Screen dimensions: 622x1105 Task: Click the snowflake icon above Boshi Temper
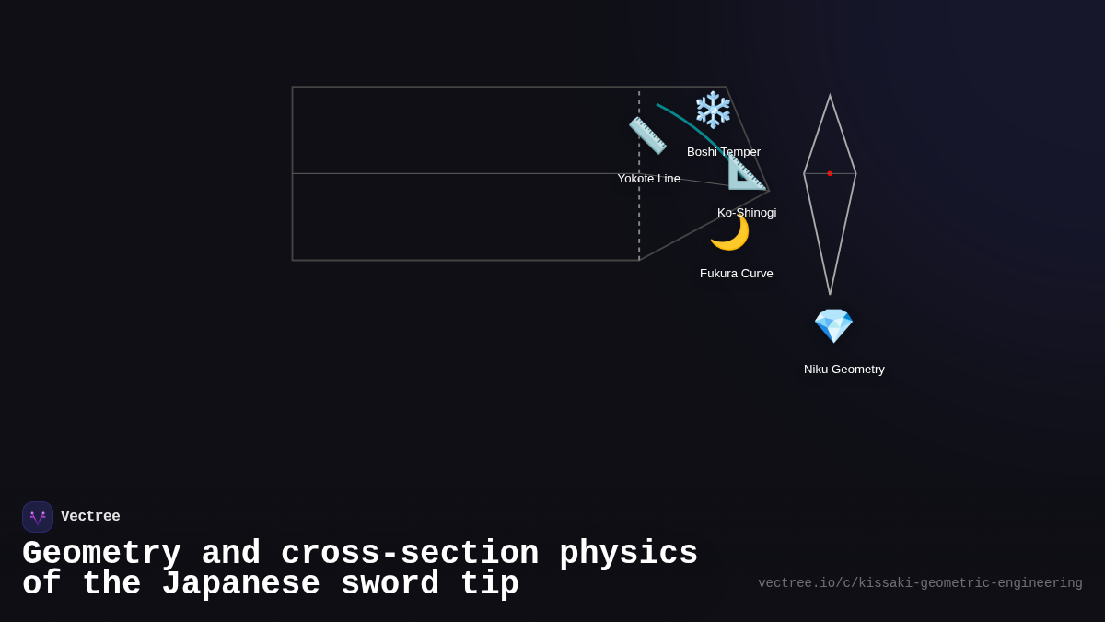pos(713,110)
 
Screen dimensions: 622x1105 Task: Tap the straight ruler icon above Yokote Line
pos(647,135)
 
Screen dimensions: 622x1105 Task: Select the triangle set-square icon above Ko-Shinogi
pos(746,171)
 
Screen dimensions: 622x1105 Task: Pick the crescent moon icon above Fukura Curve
pos(729,232)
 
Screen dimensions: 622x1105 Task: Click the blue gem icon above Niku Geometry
pos(833,326)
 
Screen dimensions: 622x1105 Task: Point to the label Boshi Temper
pos(724,152)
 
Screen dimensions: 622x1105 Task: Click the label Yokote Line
pos(648,179)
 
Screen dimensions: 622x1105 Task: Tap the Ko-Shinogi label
pos(747,213)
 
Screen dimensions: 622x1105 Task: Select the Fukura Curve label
pos(737,274)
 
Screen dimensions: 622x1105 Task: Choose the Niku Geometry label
pos(844,370)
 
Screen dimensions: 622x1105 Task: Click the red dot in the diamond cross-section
pos(830,173)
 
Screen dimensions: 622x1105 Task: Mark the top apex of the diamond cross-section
pos(830,96)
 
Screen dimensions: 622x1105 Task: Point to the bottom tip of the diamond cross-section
pos(830,293)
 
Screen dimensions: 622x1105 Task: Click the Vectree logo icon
pos(38,517)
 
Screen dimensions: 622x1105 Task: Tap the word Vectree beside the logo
pos(90,517)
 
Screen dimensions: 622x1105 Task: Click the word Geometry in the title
pos(101,554)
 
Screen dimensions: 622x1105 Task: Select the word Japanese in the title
pos(240,584)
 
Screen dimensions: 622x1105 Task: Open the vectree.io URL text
pos(920,583)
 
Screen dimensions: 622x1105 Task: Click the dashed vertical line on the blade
pos(639,221)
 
